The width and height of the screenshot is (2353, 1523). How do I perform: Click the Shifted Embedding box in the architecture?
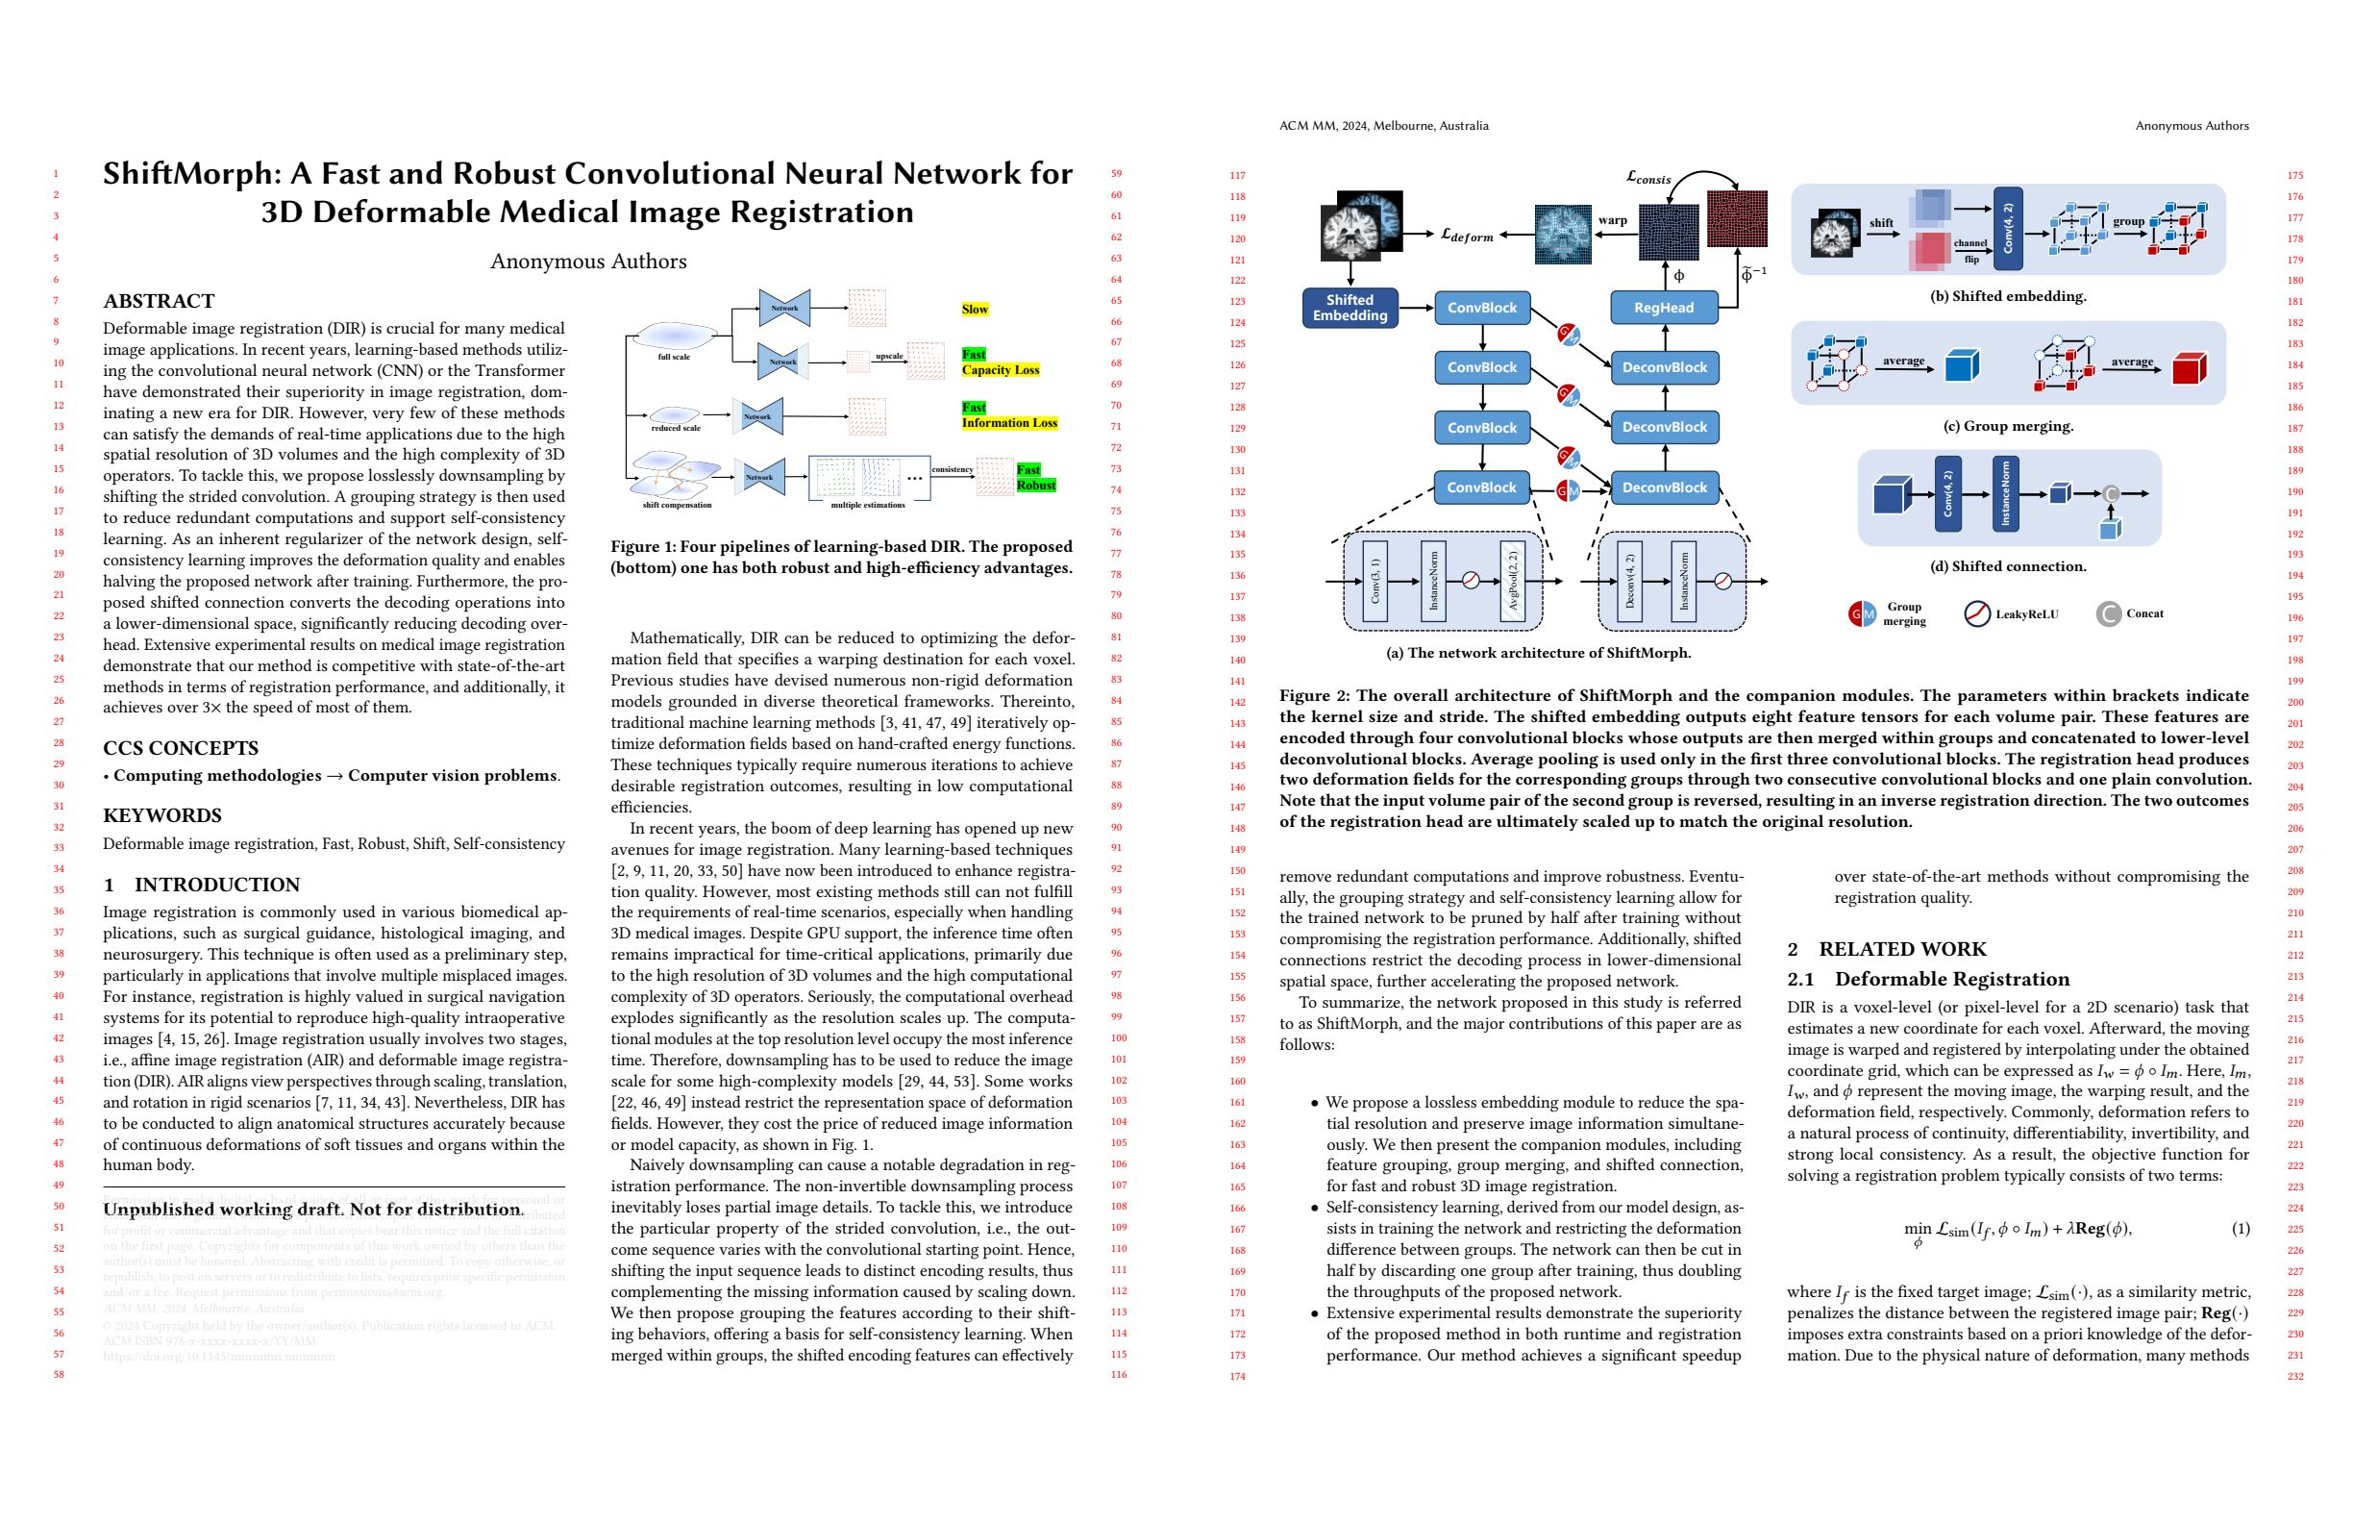click(x=1350, y=308)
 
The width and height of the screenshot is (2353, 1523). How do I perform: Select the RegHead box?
click(x=1663, y=308)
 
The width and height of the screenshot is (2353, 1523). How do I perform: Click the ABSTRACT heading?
click(x=160, y=301)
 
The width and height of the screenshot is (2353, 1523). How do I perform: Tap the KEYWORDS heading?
click(x=162, y=816)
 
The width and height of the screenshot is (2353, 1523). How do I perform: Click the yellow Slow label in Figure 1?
click(x=975, y=310)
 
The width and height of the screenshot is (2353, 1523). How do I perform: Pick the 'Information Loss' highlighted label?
click(x=1009, y=423)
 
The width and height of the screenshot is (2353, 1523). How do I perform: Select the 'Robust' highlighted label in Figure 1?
click(x=1036, y=486)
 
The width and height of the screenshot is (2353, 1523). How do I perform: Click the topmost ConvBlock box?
click(x=1481, y=308)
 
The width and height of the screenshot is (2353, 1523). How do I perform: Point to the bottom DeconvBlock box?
click(x=1664, y=487)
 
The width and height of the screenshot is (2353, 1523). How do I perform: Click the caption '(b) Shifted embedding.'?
click(x=2007, y=296)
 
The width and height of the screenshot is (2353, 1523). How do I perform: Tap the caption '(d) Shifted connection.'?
click(x=2008, y=566)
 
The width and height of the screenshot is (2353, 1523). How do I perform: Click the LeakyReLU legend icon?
click(x=1975, y=614)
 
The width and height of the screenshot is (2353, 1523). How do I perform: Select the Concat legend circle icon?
click(x=2108, y=614)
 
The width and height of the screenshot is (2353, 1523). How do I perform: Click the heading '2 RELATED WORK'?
click(x=1887, y=949)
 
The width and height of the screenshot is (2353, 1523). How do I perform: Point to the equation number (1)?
click(x=2241, y=1228)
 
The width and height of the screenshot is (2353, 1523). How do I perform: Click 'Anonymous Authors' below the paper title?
click(x=588, y=262)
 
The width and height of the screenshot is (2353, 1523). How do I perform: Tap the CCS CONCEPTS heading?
click(x=181, y=749)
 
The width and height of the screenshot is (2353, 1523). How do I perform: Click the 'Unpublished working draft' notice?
click(x=313, y=1210)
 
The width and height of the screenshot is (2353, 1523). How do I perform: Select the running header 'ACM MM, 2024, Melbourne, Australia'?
click(x=1383, y=126)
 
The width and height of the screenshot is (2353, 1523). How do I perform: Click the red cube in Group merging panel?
click(x=2189, y=368)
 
